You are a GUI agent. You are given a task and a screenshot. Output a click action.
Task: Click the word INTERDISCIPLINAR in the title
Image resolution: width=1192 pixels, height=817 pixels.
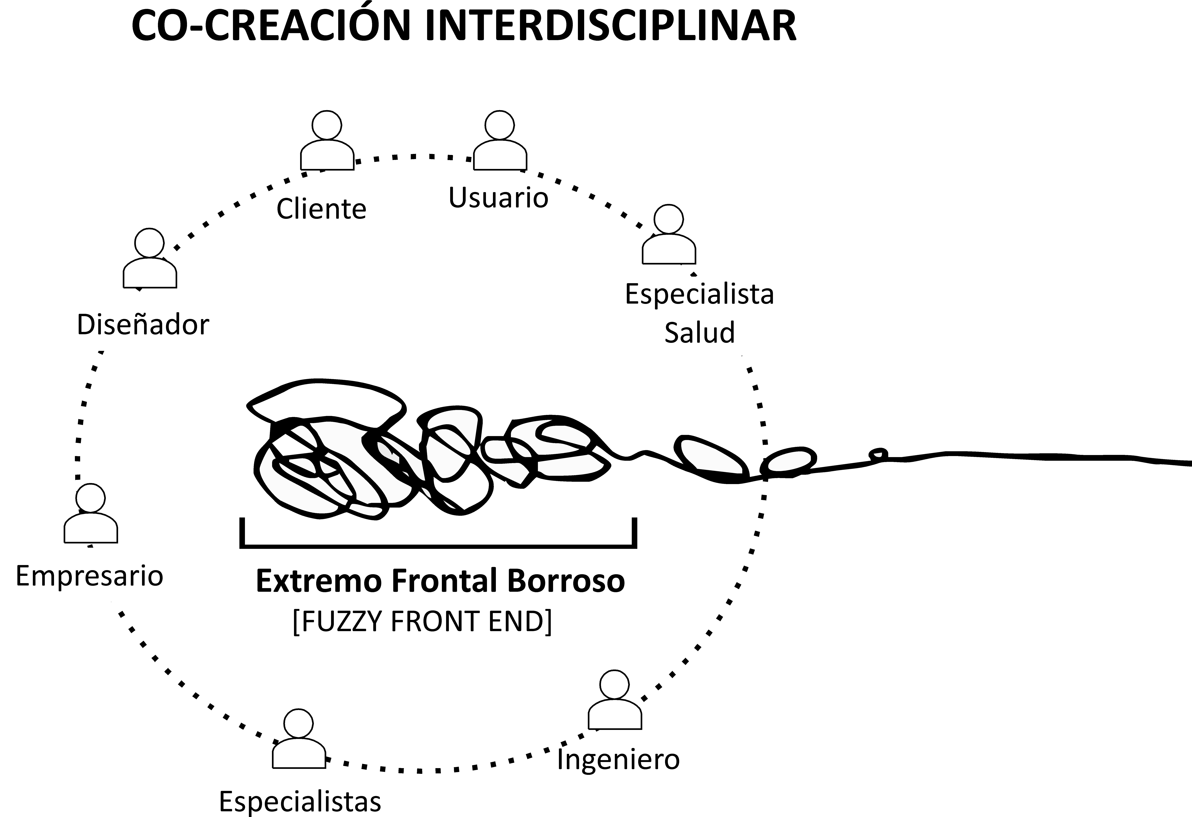click(610, 26)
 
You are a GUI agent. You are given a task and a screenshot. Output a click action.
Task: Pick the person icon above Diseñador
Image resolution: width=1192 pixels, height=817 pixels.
click(150, 259)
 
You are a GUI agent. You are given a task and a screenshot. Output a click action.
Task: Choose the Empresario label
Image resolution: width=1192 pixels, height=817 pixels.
click(90, 576)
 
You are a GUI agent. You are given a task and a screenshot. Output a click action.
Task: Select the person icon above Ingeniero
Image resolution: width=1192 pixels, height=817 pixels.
click(614, 700)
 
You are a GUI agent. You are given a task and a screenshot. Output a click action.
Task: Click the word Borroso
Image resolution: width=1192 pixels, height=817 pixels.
click(566, 581)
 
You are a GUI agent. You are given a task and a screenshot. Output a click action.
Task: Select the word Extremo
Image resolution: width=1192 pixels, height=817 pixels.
click(319, 581)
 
